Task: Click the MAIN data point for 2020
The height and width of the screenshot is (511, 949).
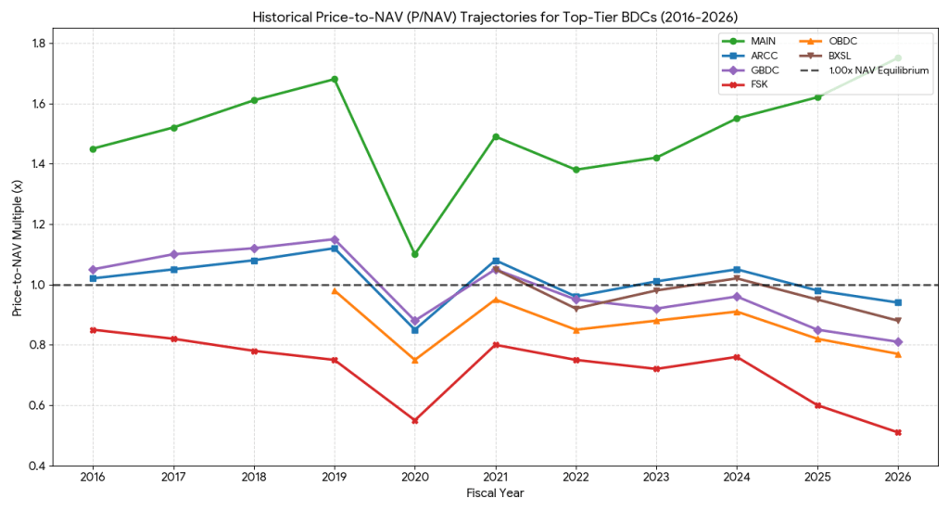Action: click(x=414, y=254)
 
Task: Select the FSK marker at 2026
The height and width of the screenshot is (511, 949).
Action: click(x=898, y=432)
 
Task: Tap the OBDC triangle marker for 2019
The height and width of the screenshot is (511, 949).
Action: click(x=334, y=290)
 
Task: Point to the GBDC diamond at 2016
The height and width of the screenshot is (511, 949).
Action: click(x=93, y=269)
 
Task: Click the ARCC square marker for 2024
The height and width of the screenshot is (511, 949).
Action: click(x=737, y=269)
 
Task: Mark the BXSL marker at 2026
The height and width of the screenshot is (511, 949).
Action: click(x=898, y=321)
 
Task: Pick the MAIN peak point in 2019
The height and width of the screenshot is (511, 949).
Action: click(x=334, y=79)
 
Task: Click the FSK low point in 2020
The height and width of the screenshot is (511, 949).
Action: click(x=414, y=420)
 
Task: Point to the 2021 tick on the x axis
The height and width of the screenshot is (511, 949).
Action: click(x=495, y=477)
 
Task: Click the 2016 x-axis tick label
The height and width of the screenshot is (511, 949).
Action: click(x=93, y=477)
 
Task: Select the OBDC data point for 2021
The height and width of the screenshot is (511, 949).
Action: click(x=495, y=300)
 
